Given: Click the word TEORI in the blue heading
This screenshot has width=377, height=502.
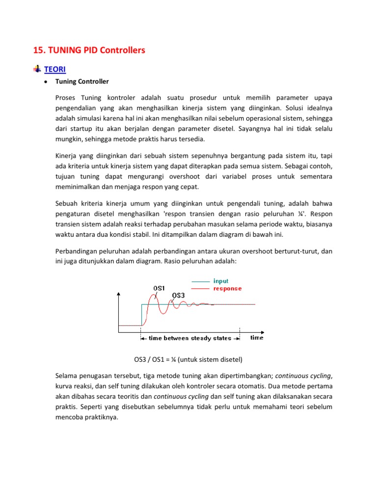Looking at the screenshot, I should pos(55,70).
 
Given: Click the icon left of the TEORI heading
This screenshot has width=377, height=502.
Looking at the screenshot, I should pos(37,69).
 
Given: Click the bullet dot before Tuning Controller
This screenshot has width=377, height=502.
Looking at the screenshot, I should pos(45,81).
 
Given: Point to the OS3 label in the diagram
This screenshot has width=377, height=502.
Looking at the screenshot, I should pos(178,295).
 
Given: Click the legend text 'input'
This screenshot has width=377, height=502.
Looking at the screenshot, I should pos(221,281).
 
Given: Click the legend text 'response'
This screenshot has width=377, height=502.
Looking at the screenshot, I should pos(227,288).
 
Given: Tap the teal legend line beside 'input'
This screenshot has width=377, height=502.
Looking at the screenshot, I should pos(200,281).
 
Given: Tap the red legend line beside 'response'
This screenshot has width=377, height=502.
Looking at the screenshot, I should pos(200,289).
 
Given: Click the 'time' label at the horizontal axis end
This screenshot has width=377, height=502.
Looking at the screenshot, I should pos(257,338).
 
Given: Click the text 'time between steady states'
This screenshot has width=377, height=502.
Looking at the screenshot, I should pos(190,338).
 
